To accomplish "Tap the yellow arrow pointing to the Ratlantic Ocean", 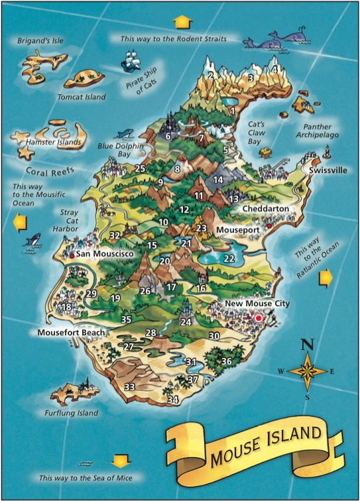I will click(x=326, y=278).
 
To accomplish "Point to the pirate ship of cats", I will click(x=130, y=63).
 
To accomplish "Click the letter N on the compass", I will click(x=307, y=345).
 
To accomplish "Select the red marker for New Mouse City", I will click(x=259, y=319).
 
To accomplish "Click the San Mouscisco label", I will click(x=105, y=254).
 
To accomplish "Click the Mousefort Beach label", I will click(x=70, y=332).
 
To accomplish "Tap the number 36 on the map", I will click(x=226, y=361).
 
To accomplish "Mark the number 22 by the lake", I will click(x=229, y=258).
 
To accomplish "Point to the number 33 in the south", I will click(x=129, y=387).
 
